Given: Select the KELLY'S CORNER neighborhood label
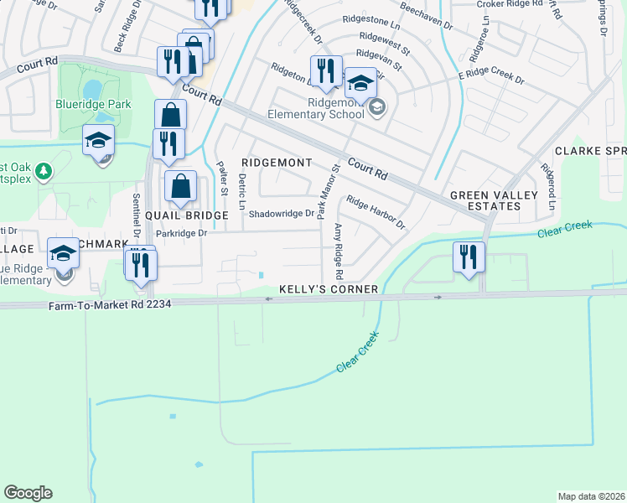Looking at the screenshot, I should [x=329, y=288].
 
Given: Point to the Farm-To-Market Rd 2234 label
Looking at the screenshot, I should [x=109, y=304].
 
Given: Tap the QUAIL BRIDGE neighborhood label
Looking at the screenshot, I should [x=187, y=215].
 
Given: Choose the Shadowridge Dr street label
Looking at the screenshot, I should [x=281, y=214].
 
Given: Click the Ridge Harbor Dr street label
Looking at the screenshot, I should [x=376, y=214].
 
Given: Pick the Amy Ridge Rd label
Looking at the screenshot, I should [x=339, y=251].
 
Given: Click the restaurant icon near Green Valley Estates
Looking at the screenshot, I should [x=469, y=256].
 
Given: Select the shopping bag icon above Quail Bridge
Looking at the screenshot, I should [x=181, y=186].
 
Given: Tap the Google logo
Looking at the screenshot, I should [x=28, y=493].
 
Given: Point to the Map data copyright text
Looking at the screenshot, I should [x=592, y=496].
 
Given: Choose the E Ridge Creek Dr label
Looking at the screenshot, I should [x=490, y=80].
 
